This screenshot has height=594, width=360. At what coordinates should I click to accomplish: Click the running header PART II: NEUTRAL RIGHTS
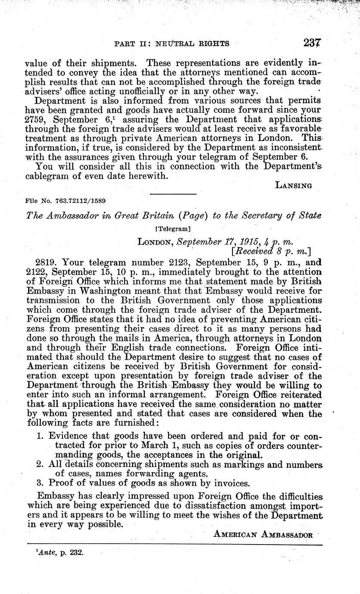[171, 43]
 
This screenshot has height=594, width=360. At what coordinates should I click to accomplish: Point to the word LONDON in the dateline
[154, 242]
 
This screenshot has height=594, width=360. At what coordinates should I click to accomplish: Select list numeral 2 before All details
[40, 464]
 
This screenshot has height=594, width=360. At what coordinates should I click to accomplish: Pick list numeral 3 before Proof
[40, 483]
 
